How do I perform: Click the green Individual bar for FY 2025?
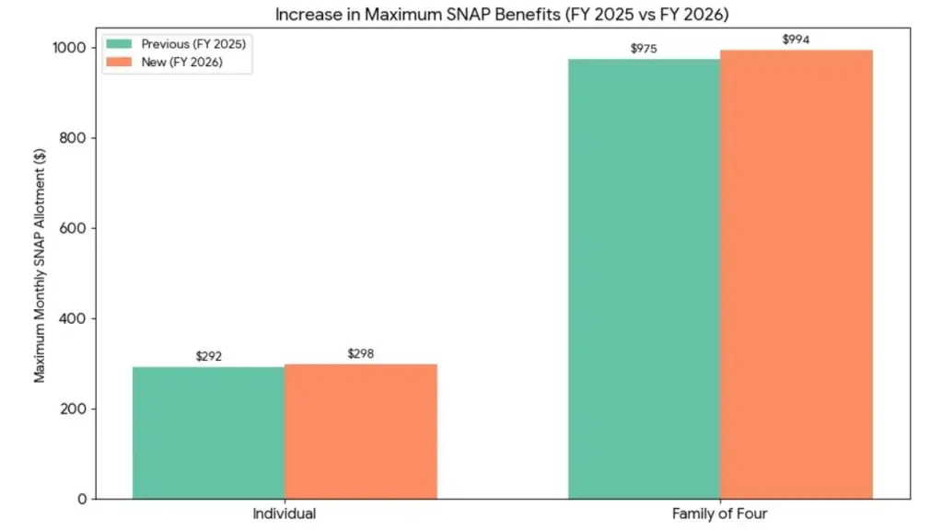tap(208, 432)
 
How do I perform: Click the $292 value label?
tap(209, 356)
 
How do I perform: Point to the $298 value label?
tap(361, 353)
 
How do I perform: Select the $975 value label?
tap(644, 49)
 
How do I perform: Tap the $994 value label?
tap(796, 40)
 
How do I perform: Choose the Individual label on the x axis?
tap(285, 513)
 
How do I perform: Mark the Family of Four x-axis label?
tap(719, 513)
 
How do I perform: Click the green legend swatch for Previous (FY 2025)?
tap(119, 44)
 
